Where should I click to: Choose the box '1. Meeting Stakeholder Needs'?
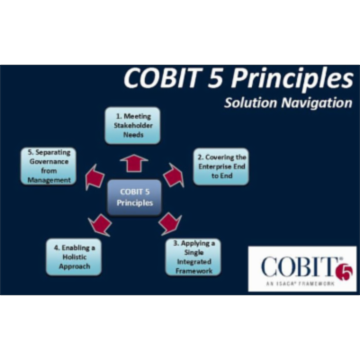tap(132, 125)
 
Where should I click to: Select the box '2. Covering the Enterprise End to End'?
tap(220, 166)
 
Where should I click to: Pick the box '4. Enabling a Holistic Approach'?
tap(74, 255)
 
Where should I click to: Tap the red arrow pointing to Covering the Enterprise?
tap(174, 175)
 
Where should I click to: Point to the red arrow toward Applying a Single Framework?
tap(168, 222)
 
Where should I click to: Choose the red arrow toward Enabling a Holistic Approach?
tap(101, 223)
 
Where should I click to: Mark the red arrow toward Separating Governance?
tap(94, 178)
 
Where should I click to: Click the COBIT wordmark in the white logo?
tap(295, 266)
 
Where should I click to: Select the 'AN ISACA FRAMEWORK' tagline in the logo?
tap(297, 283)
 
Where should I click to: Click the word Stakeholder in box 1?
tap(132, 125)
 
